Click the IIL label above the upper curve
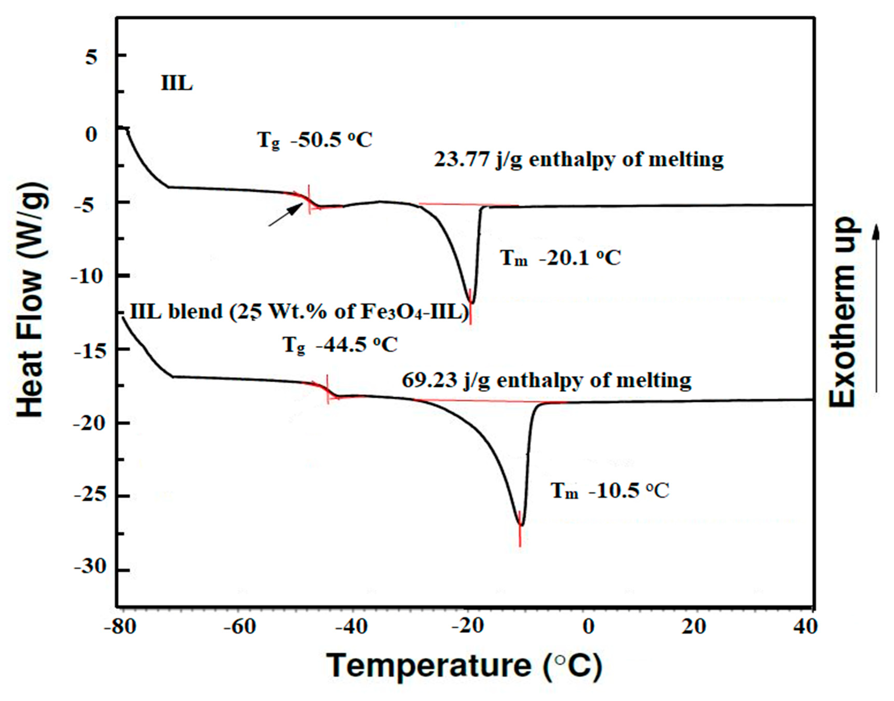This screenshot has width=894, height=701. [x=177, y=84]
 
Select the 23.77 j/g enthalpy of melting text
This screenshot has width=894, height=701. [x=579, y=159]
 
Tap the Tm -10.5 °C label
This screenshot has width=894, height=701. [x=610, y=490]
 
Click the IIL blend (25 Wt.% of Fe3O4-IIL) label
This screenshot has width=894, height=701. [x=299, y=312]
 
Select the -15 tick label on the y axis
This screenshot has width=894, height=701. [x=85, y=350]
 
